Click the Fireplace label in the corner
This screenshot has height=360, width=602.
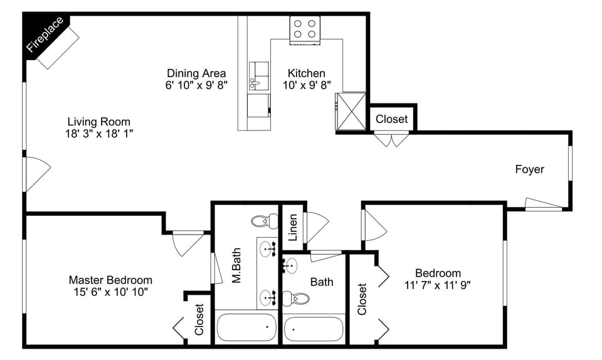[45, 34]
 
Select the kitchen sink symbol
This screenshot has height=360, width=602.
[258, 77]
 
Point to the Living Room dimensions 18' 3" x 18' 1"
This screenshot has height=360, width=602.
[99, 134]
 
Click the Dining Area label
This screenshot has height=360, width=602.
[196, 73]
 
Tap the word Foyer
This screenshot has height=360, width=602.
[529, 169]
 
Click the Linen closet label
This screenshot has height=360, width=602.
[293, 228]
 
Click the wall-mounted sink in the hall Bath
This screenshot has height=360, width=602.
[289, 266]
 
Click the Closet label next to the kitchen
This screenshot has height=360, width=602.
[391, 119]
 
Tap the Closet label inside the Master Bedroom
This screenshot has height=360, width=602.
[199, 319]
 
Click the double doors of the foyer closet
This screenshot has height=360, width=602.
[391, 140]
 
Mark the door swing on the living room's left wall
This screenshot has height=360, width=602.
[36, 174]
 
